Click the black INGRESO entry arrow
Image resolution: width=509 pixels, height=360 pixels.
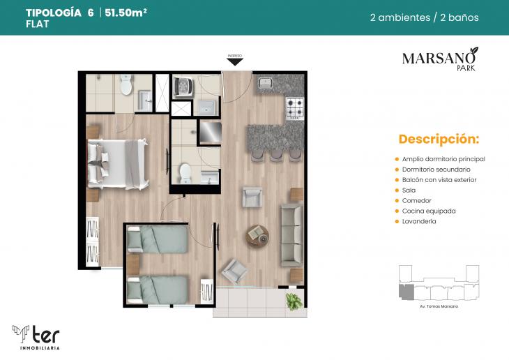(x=235, y=61)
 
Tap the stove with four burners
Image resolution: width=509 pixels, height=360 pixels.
(x=295, y=108)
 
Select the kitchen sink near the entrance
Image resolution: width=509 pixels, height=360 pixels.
(x=265, y=84)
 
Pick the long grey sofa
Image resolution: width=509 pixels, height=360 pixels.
(x=291, y=234)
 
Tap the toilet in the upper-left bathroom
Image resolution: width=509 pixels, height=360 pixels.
(x=126, y=86)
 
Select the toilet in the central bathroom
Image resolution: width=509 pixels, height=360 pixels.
(x=185, y=172)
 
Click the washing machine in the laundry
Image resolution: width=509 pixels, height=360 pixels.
(x=185, y=86)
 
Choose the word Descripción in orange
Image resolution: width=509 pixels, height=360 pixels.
(x=439, y=138)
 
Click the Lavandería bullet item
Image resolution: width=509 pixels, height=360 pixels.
(x=419, y=221)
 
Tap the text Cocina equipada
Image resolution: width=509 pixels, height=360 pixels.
(x=429, y=211)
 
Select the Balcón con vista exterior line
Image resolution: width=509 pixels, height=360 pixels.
(x=439, y=179)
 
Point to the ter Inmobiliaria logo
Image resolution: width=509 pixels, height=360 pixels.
(x=36, y=336)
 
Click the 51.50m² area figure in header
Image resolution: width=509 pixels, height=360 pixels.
(x=126, y=13)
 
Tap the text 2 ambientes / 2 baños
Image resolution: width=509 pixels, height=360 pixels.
(x=424, y=17)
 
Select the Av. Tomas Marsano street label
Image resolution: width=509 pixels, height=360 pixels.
(x=438, y=306)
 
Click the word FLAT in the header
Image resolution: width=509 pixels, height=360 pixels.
(x=36, y=24)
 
